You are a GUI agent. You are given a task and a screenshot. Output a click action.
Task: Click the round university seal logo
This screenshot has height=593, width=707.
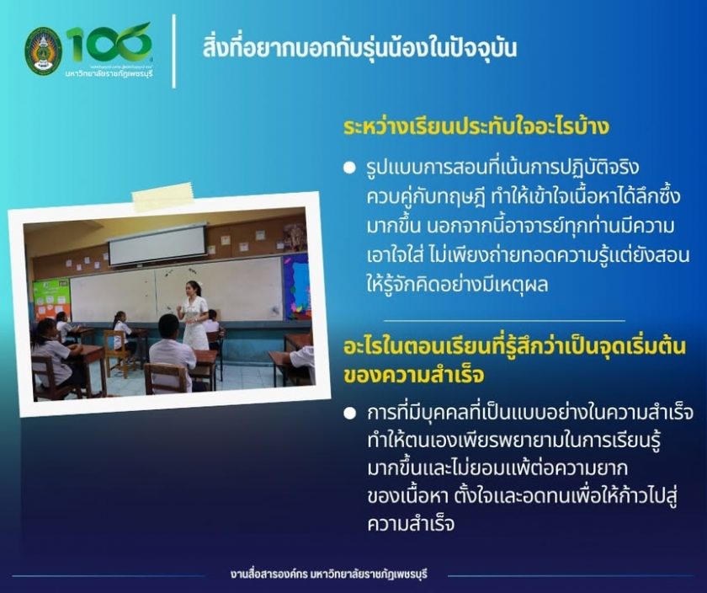point(43,51)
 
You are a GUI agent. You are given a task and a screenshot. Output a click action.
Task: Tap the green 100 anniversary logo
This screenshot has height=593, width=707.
point(109,44)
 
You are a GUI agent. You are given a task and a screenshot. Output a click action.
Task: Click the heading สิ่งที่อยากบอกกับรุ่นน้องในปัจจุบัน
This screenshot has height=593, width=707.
point(359,49)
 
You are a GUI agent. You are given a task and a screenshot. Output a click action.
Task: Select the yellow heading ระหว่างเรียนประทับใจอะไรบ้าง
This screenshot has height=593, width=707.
point(476,127)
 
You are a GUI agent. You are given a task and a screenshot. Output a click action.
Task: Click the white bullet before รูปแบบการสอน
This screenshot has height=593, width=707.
point(349,168)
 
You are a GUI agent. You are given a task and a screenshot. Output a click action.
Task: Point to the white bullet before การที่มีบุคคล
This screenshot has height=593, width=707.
point(349,414)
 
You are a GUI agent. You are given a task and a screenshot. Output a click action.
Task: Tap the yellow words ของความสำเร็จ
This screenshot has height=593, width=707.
point(413,376)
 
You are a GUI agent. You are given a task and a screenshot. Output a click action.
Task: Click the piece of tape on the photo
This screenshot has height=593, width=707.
point(163,197)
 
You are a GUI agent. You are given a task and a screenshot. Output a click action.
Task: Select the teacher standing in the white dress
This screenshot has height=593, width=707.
point(194,315)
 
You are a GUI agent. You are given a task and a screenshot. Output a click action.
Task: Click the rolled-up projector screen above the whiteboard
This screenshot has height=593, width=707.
point(157,244)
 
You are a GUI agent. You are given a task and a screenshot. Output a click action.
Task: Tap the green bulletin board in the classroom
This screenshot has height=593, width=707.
point(51,298)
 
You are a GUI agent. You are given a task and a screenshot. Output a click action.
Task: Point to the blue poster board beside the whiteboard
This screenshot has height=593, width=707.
point(296,286)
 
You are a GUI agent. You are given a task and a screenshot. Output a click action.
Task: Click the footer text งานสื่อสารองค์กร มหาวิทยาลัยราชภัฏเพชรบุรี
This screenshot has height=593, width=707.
point(328,575)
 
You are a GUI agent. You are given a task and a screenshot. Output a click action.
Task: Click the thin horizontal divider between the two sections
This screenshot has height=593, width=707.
point(504,321)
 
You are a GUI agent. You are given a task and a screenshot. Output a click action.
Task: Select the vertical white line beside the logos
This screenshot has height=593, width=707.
point(174,51)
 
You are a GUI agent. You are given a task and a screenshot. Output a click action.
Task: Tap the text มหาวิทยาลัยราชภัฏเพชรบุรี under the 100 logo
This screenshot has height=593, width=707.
point(109,72)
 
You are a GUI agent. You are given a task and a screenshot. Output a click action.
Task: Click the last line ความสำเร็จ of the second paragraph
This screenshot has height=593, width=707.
point(411,525)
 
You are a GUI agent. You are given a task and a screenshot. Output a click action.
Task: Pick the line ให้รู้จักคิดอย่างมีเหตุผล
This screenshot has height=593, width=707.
point(457,285)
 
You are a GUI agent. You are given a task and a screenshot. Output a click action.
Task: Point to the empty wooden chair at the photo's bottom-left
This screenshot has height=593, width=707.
point(53,377)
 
